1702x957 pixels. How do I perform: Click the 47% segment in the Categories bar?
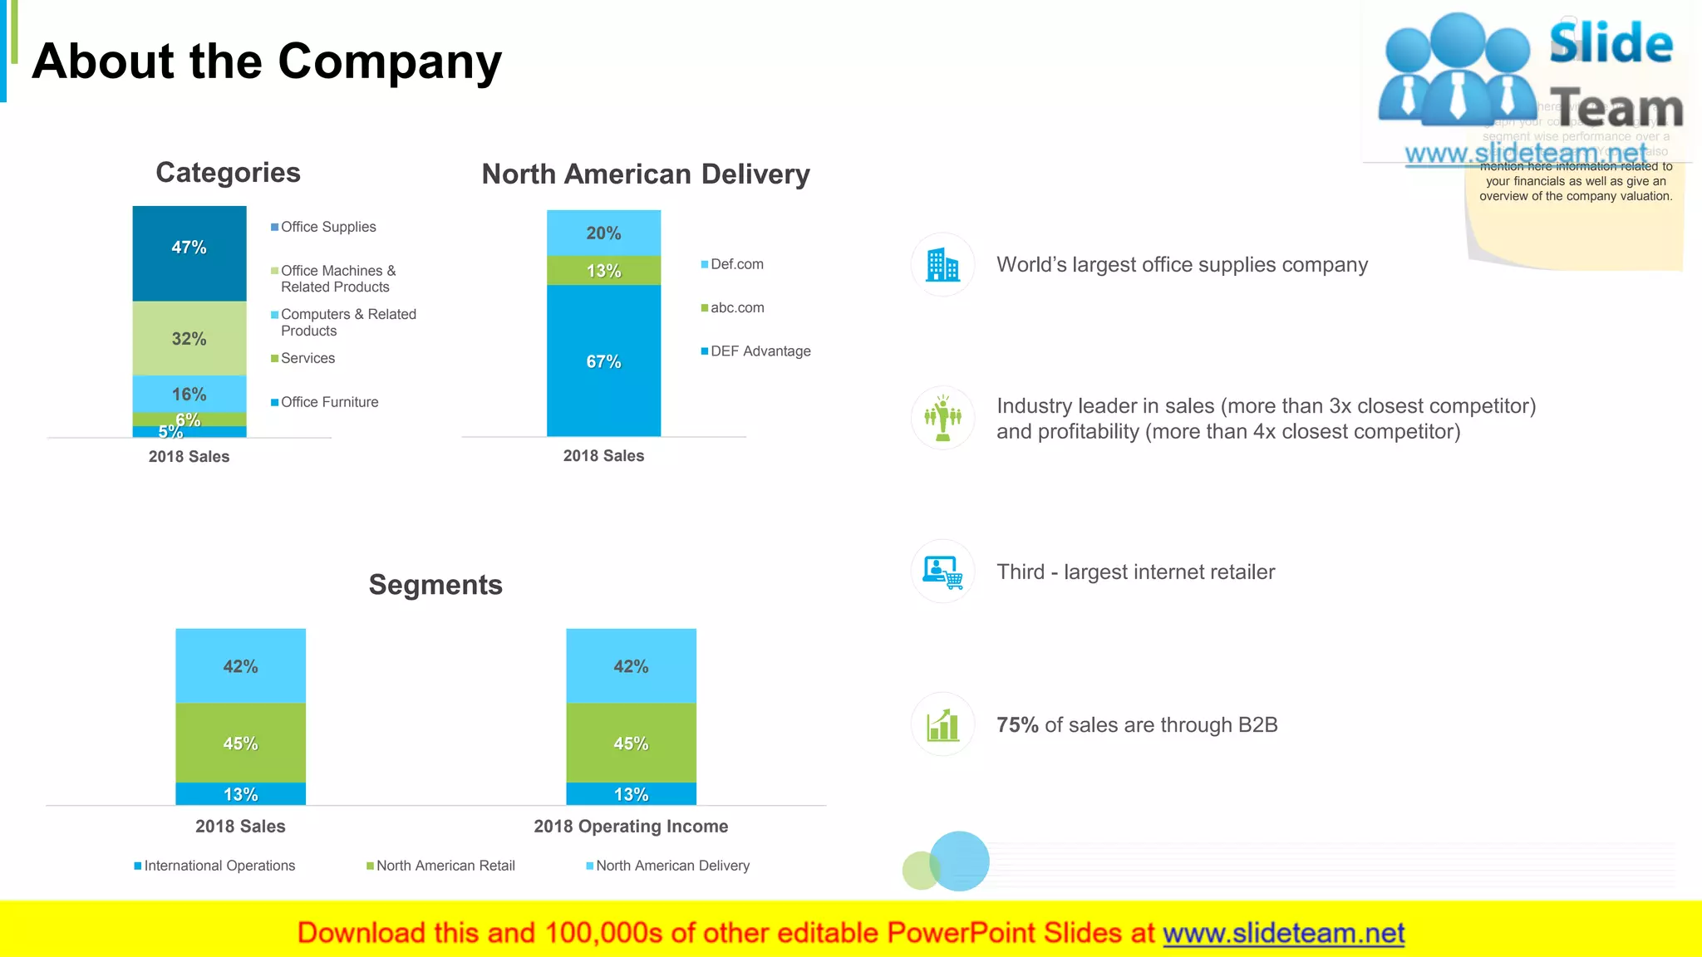(x=189, y=253)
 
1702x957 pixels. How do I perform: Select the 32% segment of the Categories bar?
(x=189, y=338)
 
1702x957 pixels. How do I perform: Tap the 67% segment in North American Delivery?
(x=603, y=361)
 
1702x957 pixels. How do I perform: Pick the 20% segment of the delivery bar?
(x=603, y=233)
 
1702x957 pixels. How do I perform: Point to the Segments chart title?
(x=435, y=585)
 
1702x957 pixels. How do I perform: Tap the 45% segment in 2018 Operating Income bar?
(x=631, y=743)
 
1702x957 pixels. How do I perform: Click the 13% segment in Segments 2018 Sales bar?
(x=240, y=794)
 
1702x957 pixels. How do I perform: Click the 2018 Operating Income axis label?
(x=631, y=827)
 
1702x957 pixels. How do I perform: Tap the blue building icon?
(x=942, y=265)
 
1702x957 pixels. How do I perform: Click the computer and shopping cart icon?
(x=942, y=572)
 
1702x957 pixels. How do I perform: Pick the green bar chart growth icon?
(x=942, y=724)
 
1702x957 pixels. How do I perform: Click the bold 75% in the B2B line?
(x=1017, y=725)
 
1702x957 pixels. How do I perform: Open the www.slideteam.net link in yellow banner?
(x=1283, y=934)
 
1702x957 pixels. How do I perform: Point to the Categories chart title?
(x=228, y=173)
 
